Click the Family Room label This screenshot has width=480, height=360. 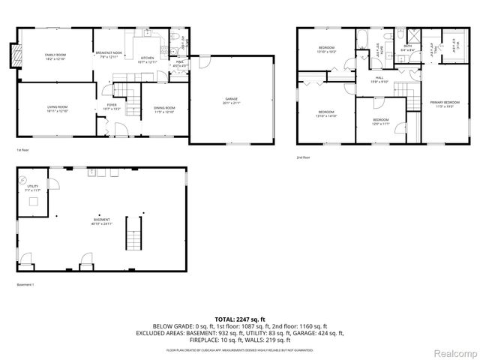[x=55, y=56]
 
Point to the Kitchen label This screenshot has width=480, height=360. [x=148, y=60]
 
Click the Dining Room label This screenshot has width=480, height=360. [x=163, y=110]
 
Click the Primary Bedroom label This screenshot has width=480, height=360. [x=445, y=103]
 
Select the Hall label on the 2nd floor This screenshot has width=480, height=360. [x=380, y=79]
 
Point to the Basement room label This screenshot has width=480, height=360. [x=102, y=221]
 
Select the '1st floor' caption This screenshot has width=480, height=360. [x=23, y=150]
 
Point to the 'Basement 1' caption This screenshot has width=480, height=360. [x=26, y=284]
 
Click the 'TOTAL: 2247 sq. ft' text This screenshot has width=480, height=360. [x=240, y=319]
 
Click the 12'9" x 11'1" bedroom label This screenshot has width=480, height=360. [x=381, y=121]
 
